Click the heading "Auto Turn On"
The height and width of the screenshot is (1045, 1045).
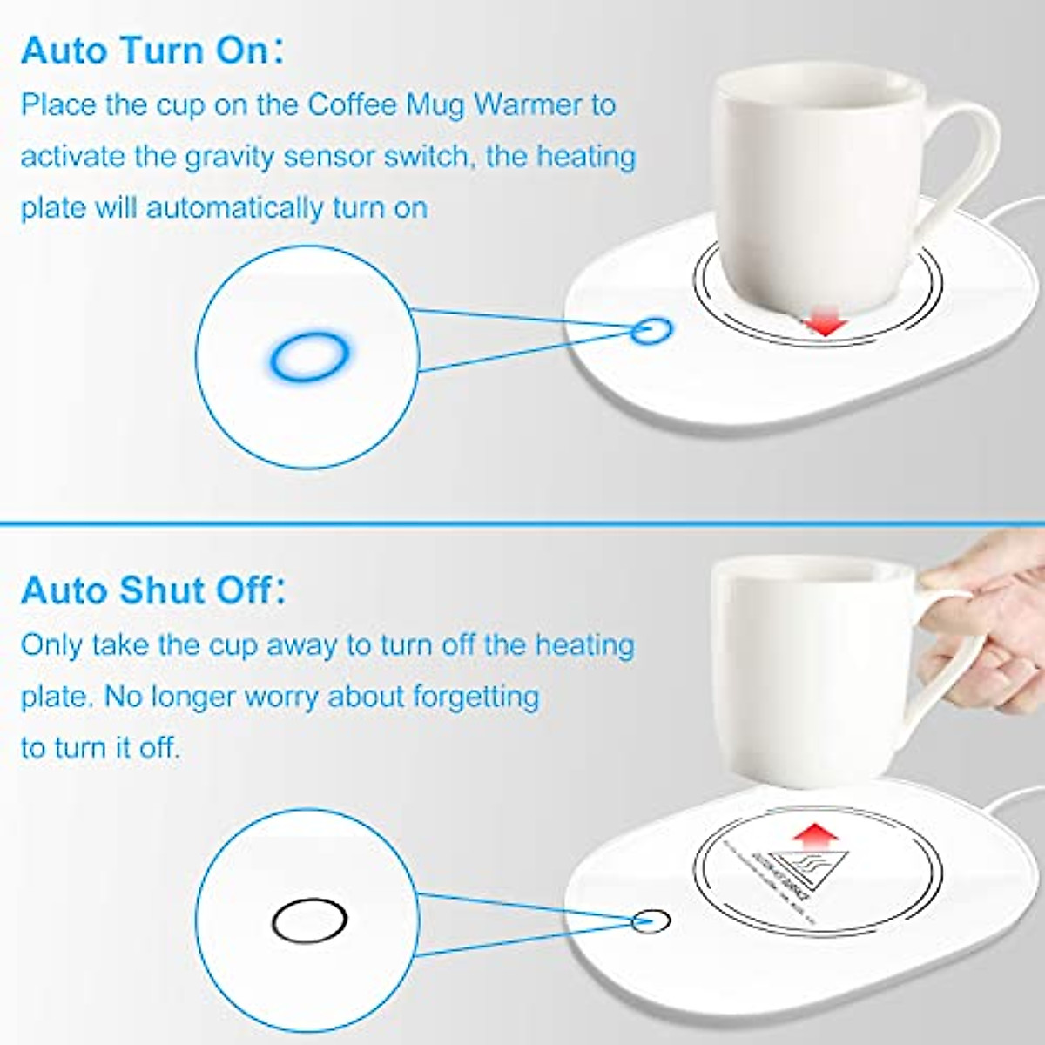point(145,51)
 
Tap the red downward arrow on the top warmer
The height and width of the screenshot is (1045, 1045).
point(824,324)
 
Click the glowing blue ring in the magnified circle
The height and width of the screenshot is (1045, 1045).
point(309,355)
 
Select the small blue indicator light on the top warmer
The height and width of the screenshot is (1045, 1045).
point(652,330)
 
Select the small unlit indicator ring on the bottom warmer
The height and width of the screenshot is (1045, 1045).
point(652,920)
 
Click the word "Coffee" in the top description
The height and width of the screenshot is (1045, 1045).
point(353,105)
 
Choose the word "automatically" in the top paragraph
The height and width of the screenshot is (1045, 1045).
point(234,209)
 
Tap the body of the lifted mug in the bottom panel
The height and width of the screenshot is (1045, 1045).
point(810,679)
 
